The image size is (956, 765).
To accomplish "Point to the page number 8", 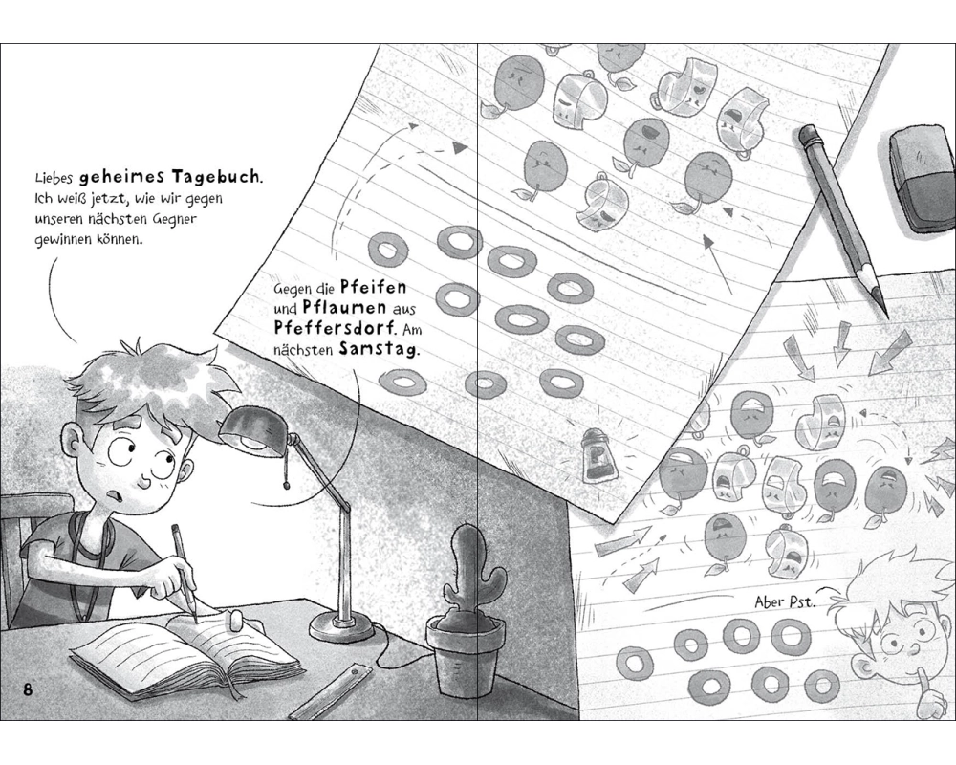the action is point(28,690).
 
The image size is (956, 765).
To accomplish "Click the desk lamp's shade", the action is point(251,429).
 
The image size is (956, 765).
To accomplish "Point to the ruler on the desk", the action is point(330,693).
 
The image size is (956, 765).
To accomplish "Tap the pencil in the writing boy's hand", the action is point(185,574).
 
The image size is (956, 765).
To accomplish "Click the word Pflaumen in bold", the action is point(344,307).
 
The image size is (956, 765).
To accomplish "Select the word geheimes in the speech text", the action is point(122,177).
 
